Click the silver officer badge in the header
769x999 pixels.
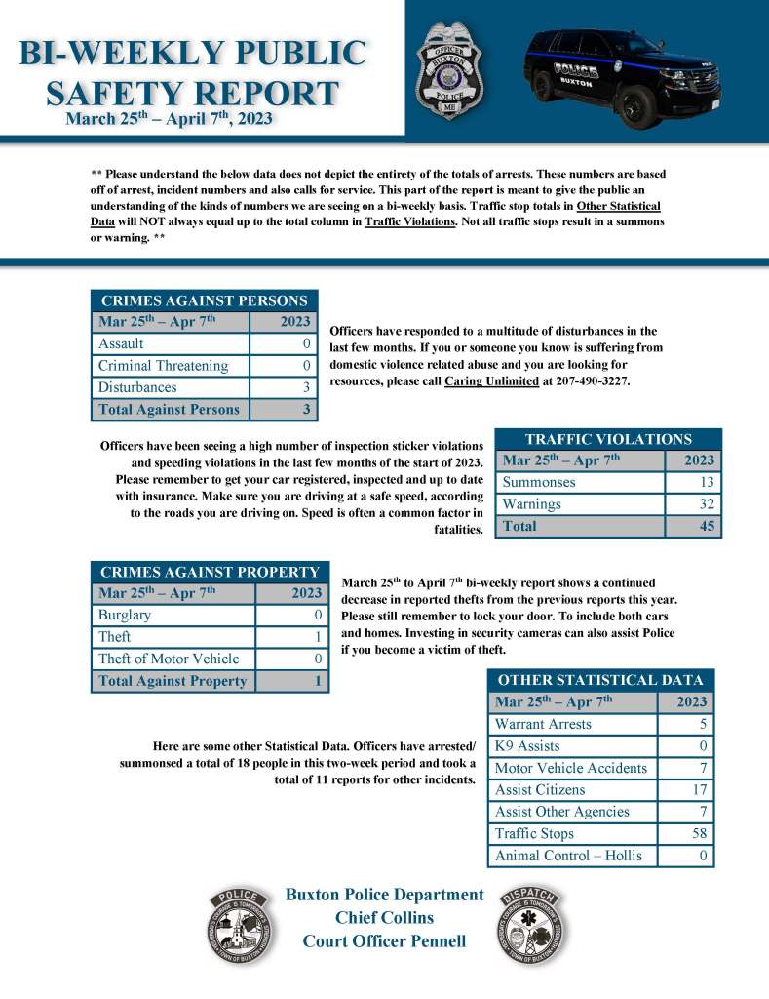(449, 70)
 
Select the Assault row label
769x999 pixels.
(121, 343)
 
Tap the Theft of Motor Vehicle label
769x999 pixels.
(169, 659)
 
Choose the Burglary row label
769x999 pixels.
(125, 615)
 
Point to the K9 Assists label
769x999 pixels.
(527, 746)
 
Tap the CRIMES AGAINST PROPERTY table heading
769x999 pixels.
(210, 573)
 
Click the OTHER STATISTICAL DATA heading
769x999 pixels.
(600, 680)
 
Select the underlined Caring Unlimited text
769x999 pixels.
(491, 380)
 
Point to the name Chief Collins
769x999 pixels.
(384, 917)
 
